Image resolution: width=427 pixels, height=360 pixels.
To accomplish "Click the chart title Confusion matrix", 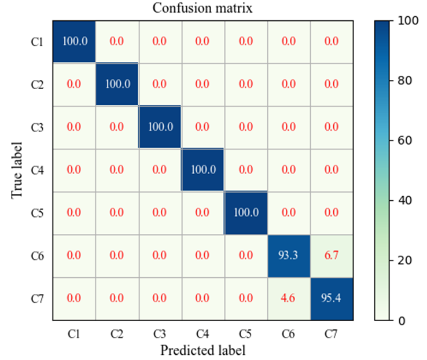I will click(203, 9).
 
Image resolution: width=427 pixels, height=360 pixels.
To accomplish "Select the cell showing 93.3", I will click(289, 256).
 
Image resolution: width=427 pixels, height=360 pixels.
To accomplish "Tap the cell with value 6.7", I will click(332, 256).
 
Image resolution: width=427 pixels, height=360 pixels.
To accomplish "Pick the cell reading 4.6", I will click(289, 299).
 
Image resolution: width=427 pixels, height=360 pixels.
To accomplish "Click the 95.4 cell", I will click(332, 299).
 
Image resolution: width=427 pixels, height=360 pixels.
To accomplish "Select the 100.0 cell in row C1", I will click(74, 41).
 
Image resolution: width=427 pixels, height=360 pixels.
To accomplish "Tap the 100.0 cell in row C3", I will click(160, 127).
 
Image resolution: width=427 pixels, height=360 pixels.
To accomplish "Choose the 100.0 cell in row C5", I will click(246, 213).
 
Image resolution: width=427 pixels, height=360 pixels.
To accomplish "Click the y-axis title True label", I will click(17, 170).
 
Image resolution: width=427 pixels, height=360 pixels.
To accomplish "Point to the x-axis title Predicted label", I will click(203, 350).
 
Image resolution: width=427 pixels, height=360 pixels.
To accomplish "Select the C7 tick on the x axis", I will click(332, 333).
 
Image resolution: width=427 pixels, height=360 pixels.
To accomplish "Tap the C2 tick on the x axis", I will click(117, 333).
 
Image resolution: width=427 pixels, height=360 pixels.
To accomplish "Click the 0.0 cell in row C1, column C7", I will click(332, 41).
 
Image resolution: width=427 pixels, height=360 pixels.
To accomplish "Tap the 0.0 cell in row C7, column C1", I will click(74, 299).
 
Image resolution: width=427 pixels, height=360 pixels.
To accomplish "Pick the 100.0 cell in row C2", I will click(117, 85).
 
